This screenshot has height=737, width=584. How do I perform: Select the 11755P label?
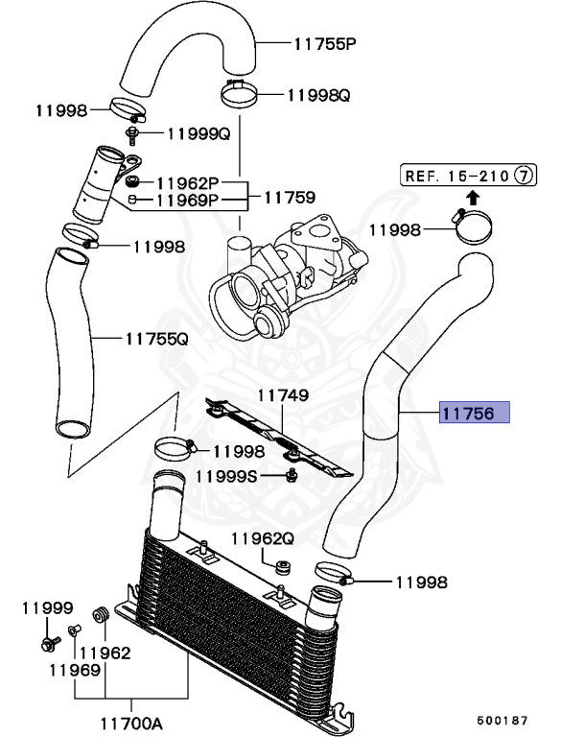[x=324, y=43]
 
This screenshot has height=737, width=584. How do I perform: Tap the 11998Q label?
[x=319, y=95]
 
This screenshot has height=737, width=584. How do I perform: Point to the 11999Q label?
[x=199, y=133]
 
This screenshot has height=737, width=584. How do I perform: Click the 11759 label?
[x=290, y=199]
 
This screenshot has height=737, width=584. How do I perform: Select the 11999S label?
[x=226, y=475]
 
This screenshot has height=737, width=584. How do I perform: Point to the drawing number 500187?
[x=502, y=718]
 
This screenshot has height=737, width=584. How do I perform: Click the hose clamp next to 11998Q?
[x=241, y=94]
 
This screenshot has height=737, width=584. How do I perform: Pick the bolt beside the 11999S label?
[x=290, y=477]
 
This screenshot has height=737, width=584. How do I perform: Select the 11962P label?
[x=188, y=181]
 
